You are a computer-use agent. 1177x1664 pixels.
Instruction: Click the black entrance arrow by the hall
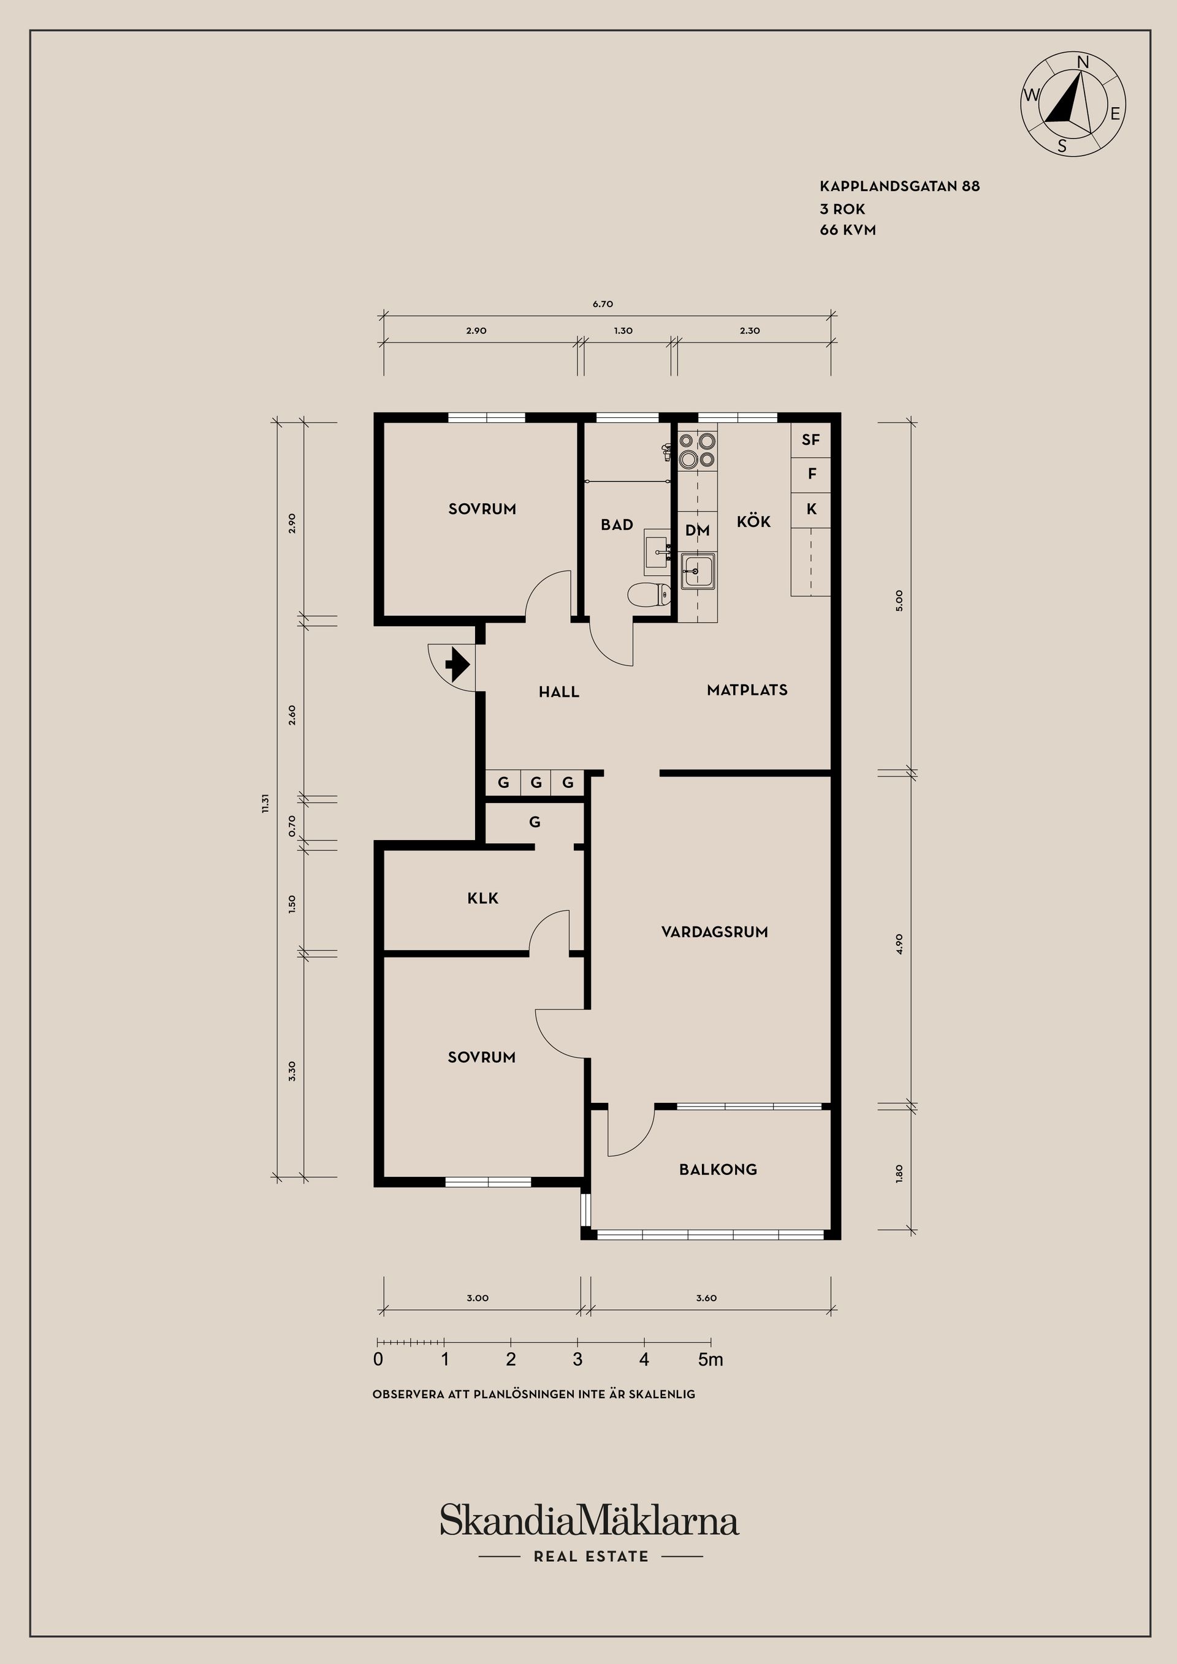(x=457, y=664)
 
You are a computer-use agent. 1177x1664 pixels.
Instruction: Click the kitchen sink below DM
(x=698, y=571)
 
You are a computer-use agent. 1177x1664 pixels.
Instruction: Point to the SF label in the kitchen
(x=811, y=440)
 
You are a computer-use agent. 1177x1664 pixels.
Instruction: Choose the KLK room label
(x=483, y=899)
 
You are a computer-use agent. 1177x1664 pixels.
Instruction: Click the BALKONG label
(x=718, y=1170)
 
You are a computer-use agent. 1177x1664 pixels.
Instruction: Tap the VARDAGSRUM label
(x=714, y=932)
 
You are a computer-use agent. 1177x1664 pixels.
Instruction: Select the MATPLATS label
(x=747, y=690)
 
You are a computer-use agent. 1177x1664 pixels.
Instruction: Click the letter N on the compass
(x=1083, y=63)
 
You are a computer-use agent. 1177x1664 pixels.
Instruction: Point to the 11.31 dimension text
(x=265, y=803)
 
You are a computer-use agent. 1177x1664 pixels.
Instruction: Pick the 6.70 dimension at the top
(x=603, y=304)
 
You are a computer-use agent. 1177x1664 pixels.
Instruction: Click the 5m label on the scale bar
(x=710, y=1360)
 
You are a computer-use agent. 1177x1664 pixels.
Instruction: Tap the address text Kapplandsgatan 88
(x=900, y=186)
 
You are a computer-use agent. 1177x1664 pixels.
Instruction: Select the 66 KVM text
(x=848, y=230)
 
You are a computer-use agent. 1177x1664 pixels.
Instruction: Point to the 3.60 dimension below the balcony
(x=706, y=1298)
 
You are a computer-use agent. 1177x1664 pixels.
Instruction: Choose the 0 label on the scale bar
(x=378, y=1360)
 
